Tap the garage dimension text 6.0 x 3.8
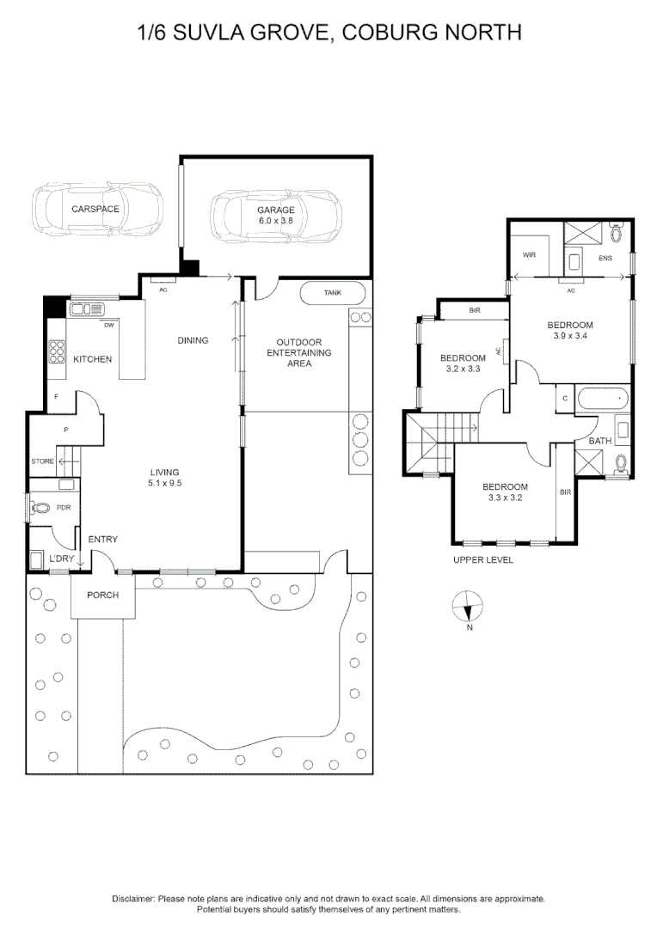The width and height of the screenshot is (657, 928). click(276, 221)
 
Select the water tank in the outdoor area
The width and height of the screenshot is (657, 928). click(333, 293)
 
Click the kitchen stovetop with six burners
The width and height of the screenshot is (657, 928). click(58, 353)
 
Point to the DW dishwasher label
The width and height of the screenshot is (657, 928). click(108, 326)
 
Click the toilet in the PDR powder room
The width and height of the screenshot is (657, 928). click(39, 508)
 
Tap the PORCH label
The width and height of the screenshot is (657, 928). click(102, 595)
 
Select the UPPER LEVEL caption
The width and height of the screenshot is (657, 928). click(482, 560)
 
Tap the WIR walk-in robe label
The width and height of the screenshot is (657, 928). click(530, 254)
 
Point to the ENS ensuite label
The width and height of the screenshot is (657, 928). click(605, 257)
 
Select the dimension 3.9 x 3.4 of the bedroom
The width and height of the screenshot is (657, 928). click(570, 336)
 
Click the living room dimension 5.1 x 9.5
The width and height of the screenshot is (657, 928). click(164, 483)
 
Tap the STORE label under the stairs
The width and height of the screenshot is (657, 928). click(42, 461)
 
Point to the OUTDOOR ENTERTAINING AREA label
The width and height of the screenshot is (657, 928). click(298, 352)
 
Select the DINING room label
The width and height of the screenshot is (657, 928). click(193, 340)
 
